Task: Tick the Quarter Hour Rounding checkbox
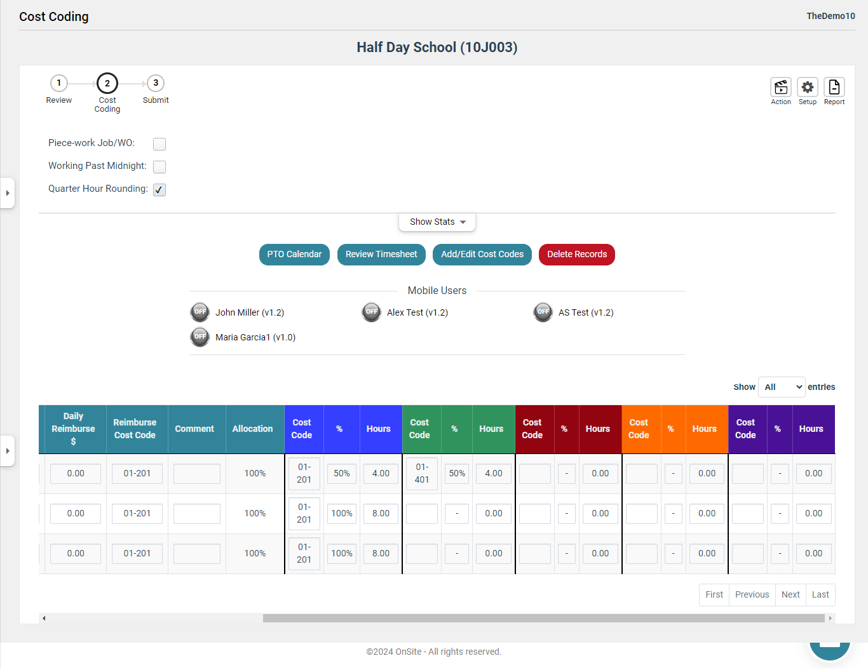click(159, 189)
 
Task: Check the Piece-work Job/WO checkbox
click(159, 144)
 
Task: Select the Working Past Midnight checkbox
click(159, 166)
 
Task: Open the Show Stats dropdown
click(437, 222)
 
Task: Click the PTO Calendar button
click(294, 254)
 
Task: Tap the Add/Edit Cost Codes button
click(482, 254)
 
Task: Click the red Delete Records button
click(577, 254)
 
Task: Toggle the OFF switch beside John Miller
click(200, 312)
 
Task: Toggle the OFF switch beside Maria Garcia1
click(200, 337)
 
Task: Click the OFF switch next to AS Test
click(543, 312)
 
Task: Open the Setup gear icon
click(807, 87)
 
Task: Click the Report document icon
click(834, 87)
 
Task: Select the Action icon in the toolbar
click(780, 87)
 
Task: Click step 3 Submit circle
click(156, 83)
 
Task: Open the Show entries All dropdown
click(782, 387)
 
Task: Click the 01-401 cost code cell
click(422, 473)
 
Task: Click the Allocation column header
click(252, 429)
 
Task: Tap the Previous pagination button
click(752, 594)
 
